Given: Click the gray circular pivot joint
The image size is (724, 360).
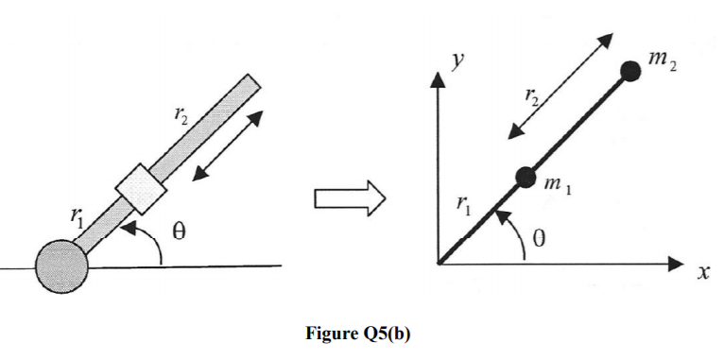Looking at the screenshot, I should (x=62, y=266).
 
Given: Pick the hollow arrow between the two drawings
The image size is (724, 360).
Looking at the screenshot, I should (x=349, y=198).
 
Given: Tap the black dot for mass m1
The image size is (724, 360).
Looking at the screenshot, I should (x=526, y=176).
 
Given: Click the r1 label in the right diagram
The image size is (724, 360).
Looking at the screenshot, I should (x=462, y=203).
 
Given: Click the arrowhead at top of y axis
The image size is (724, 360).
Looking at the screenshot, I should (x=438, y=77).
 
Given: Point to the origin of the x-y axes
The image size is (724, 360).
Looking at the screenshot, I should (x=438, y=264).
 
